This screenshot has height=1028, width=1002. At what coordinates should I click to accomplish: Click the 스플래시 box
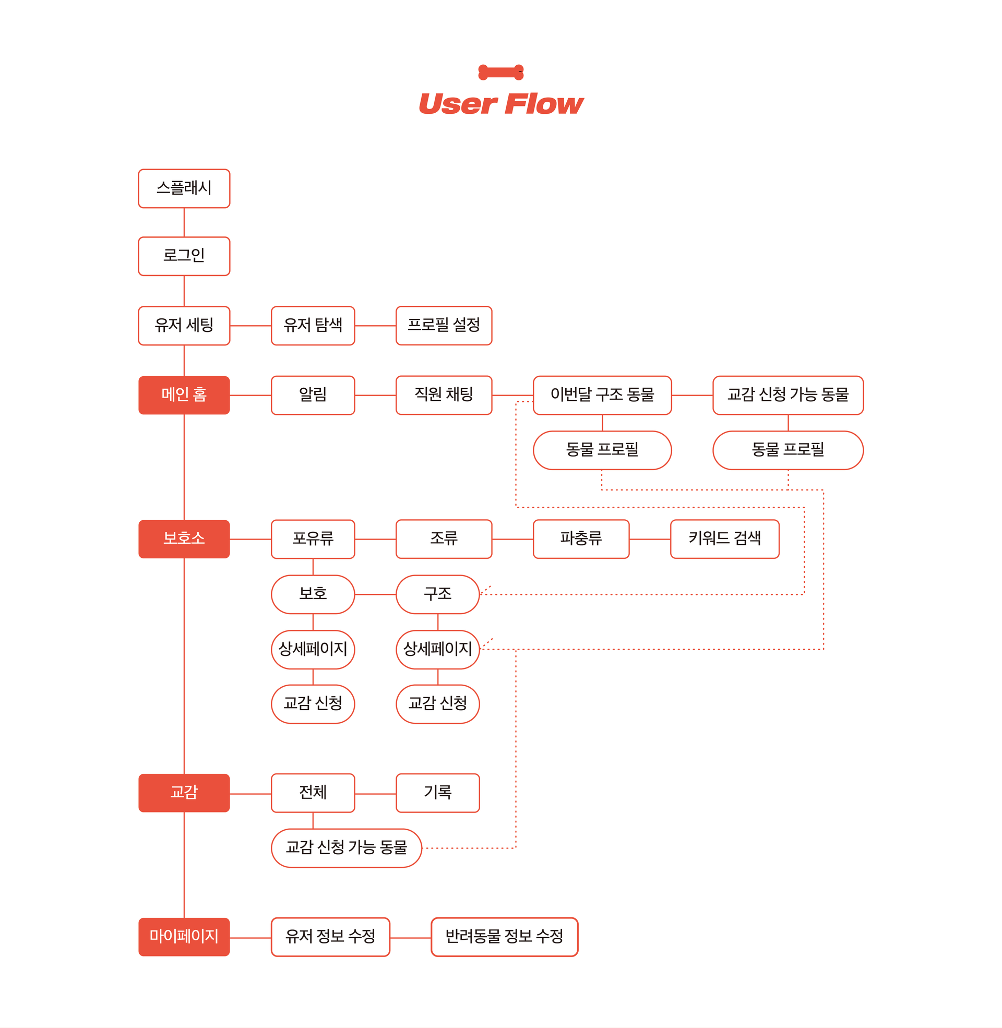184,188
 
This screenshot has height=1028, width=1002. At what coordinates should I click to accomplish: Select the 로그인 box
184,256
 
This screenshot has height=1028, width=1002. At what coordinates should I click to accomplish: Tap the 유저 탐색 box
313,326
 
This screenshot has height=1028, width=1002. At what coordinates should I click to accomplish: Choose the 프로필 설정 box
444,326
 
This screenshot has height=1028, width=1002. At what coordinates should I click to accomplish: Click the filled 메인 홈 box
184,395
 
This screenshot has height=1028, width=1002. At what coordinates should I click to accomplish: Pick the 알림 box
313,395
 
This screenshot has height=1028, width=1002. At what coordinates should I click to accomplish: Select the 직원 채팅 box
444,395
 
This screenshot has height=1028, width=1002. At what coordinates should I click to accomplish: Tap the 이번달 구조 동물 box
602,395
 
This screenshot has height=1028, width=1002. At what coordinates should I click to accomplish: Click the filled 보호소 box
184,539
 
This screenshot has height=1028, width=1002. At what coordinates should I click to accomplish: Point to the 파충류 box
581,539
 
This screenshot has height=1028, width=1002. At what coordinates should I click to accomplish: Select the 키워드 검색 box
725,539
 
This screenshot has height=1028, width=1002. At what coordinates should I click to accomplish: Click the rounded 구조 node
438,594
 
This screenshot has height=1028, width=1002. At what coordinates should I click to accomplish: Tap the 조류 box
444,539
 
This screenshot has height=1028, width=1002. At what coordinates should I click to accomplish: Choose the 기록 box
438,793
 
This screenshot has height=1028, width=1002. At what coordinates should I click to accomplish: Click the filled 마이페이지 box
184,937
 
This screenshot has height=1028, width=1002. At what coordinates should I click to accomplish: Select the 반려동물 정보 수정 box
504,937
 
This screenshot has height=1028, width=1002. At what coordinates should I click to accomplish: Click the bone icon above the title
501,72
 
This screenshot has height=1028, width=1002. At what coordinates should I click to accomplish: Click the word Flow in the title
544,104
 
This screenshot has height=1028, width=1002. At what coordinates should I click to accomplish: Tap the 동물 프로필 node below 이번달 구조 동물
602,450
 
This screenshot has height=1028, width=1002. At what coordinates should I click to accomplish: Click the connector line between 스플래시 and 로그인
184,222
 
